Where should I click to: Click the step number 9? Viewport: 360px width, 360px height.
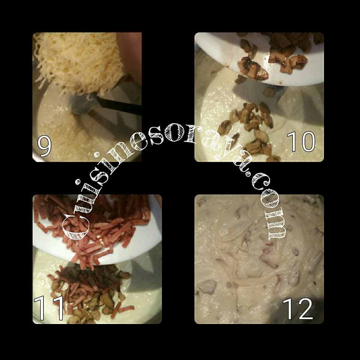pyautogui.click(x=44, y=146)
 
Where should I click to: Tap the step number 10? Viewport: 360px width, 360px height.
pyautogui.click(x=301, y=141)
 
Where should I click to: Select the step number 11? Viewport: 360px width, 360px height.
pyautogui.click(x=49, y=308)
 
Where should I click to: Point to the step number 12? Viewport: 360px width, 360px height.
pyautogui.click(x=298, y=309)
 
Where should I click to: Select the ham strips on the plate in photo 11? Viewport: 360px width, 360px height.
pyautogui.click(x=92, y=227)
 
